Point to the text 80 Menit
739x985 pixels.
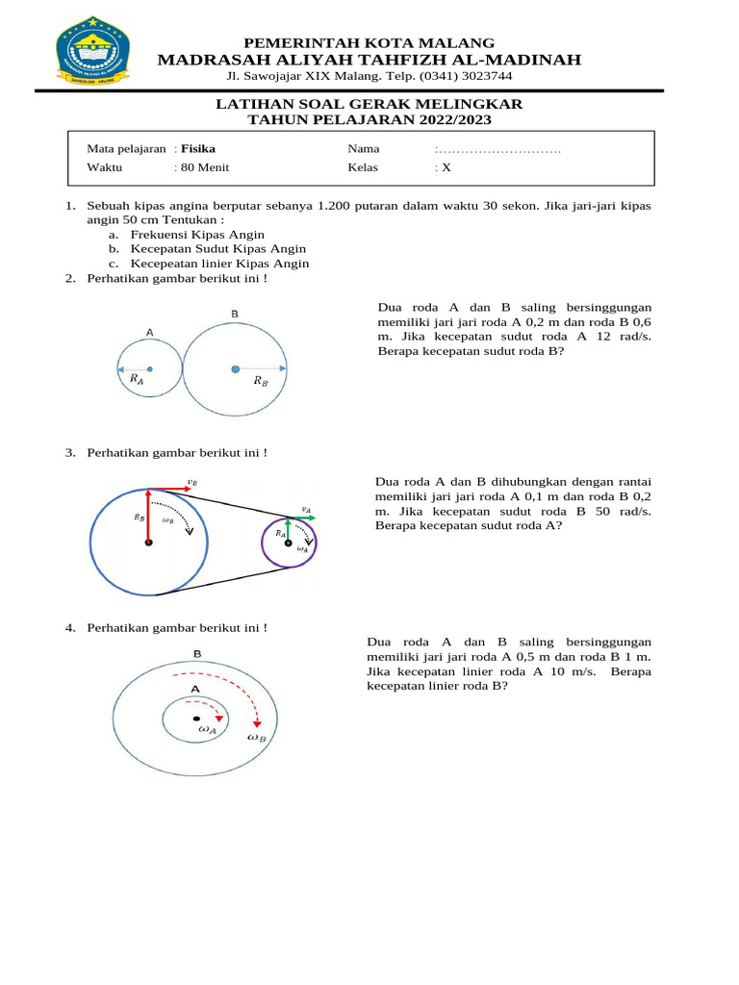pyautogui.click(x=205, y=167)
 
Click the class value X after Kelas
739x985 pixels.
pyautogui.click(x=446, y=167)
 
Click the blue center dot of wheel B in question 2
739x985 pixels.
pyautogui.click(x=235, y=368)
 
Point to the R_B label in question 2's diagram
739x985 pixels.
pyautogui.click(x=261, y=382)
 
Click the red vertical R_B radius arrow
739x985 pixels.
pyautogui.click(x=148, y=515)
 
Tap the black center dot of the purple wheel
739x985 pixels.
pyautogui.click(x=288, y=543)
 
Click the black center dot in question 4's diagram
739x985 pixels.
pyautogui.click(x=196, y=718)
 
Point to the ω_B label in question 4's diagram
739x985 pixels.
pyautogui.click(x=257, y=738)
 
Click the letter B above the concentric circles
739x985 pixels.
pyautogui.click(x=196, y=655)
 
